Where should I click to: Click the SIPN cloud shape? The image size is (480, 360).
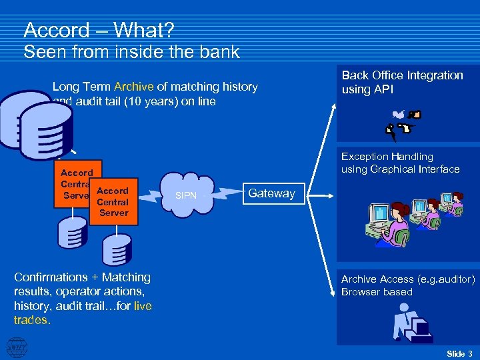186,195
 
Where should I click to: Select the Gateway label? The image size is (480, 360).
271,193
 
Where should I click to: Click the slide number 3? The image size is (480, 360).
470,353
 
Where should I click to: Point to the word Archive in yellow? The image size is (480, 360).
134,86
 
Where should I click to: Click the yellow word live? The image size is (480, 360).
143,306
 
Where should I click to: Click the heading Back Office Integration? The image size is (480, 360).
402,75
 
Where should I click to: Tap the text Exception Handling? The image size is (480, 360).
387,157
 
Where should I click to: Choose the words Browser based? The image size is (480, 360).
377,292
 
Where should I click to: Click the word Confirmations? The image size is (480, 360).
51,277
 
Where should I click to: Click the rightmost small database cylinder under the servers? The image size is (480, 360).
116,251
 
